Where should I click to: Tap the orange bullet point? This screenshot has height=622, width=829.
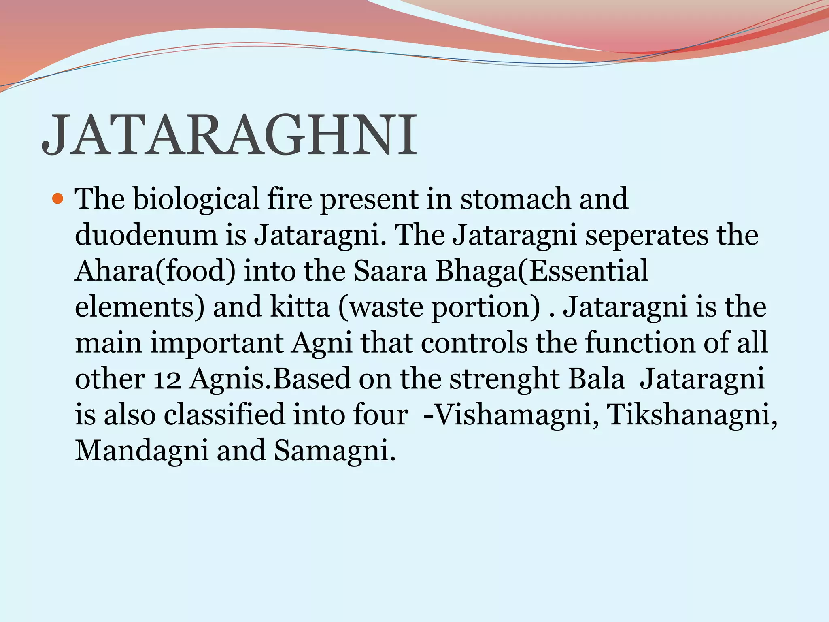(x=58, y=199)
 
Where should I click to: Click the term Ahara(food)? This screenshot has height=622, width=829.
(x=155, y=271)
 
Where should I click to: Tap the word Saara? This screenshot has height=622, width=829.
(x=390, y=271)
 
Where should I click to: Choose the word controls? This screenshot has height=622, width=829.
(x=474, y=343)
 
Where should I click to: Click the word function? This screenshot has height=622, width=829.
(x=640, y=343)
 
